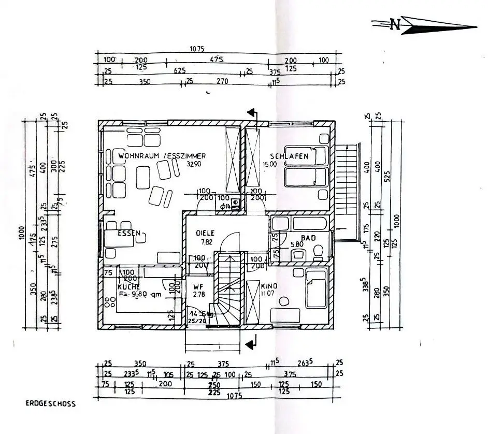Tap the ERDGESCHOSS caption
[51, 403]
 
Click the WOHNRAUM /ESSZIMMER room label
[162, 156]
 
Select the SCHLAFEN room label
[289, 156]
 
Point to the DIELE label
[205, 233]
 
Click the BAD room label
[309, 238]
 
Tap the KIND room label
[269, 286]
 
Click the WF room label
[197, 286]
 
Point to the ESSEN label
[128, 234]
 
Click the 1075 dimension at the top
[197, 49]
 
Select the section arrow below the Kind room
[252, 342]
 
